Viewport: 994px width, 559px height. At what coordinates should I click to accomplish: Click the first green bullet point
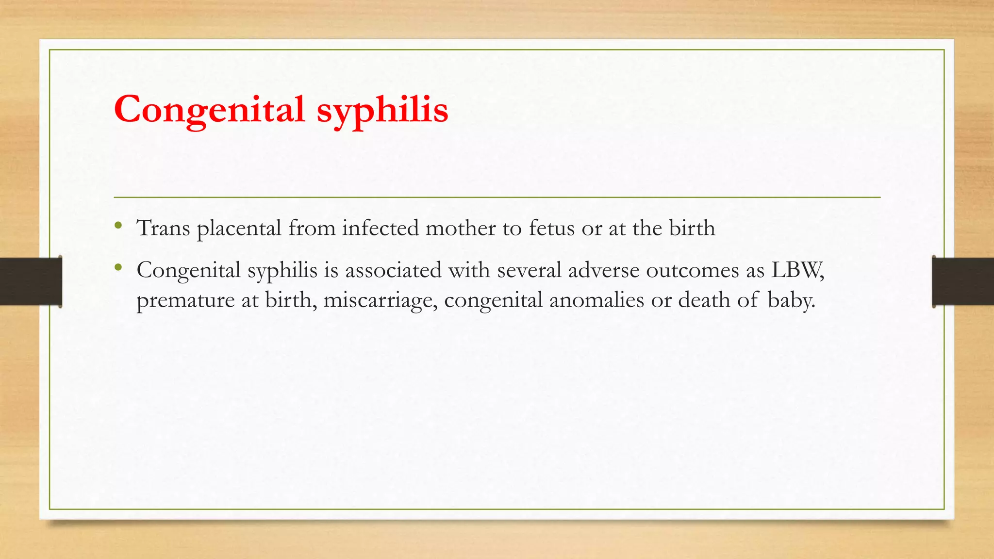pyautogui.click(x=118, y=225)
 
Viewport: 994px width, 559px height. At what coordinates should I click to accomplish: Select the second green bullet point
pyautogui.click(x=118, y=267)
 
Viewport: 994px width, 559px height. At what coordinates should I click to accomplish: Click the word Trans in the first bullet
pyautogui.click(x=164, y=228)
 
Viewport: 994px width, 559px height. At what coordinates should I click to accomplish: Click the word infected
pyautogui.click(x=380, y=228)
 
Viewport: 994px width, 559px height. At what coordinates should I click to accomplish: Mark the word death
pyautogui.click(x=704, y=300)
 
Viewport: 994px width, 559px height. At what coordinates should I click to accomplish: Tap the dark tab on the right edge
pyautogui.click(x=963, y=281)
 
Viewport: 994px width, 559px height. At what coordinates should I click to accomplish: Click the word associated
pyautogui.click(x=393, y=270)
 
